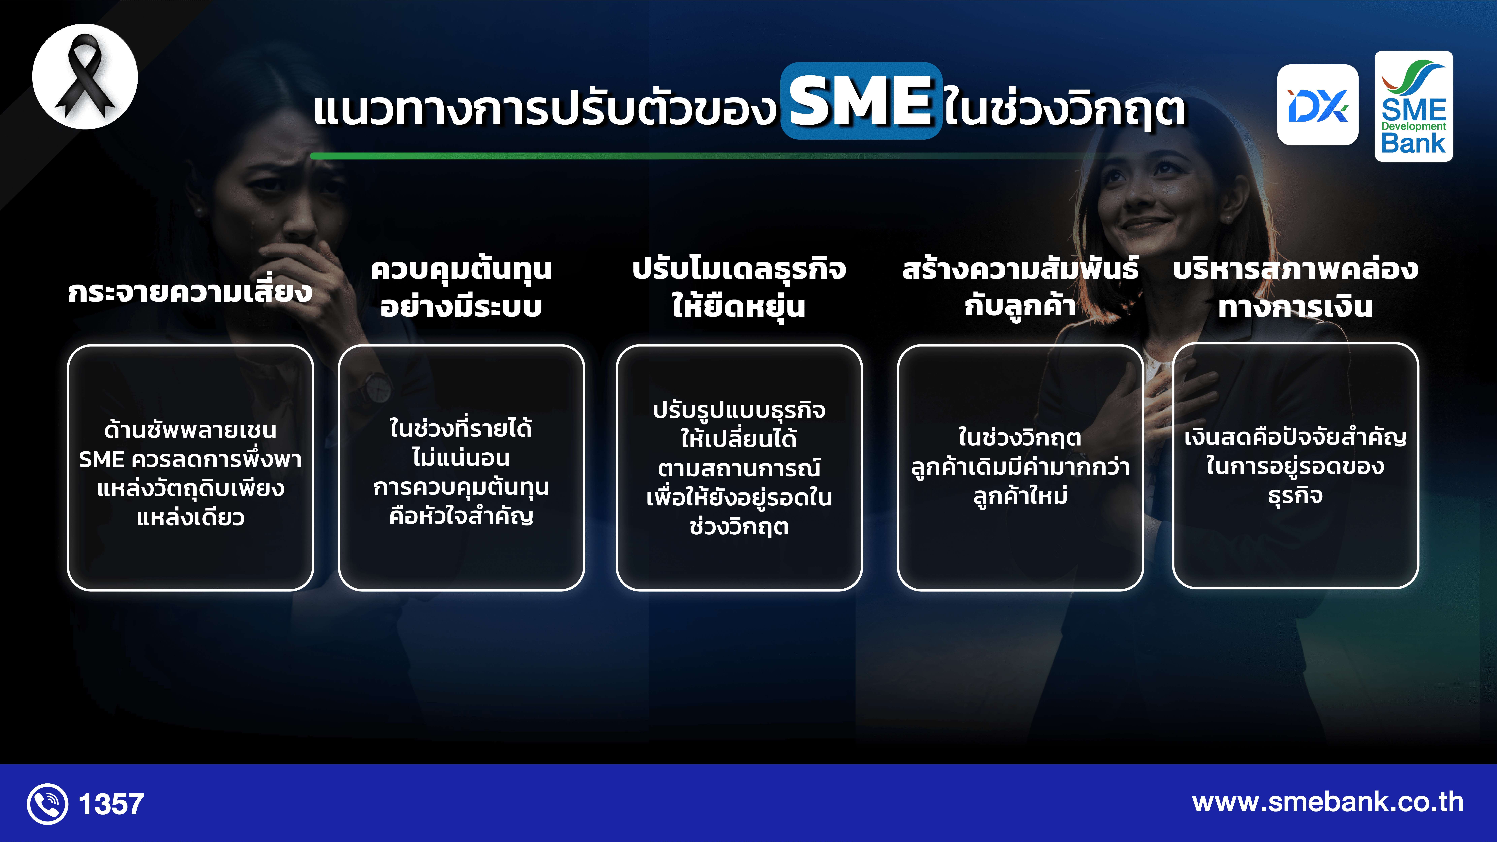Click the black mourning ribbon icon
(x=85, y=76)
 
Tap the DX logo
(x=1317, y=105)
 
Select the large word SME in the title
(x=861, y=101)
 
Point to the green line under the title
(x=697, y=156)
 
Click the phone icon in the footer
(x=47, y=804)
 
